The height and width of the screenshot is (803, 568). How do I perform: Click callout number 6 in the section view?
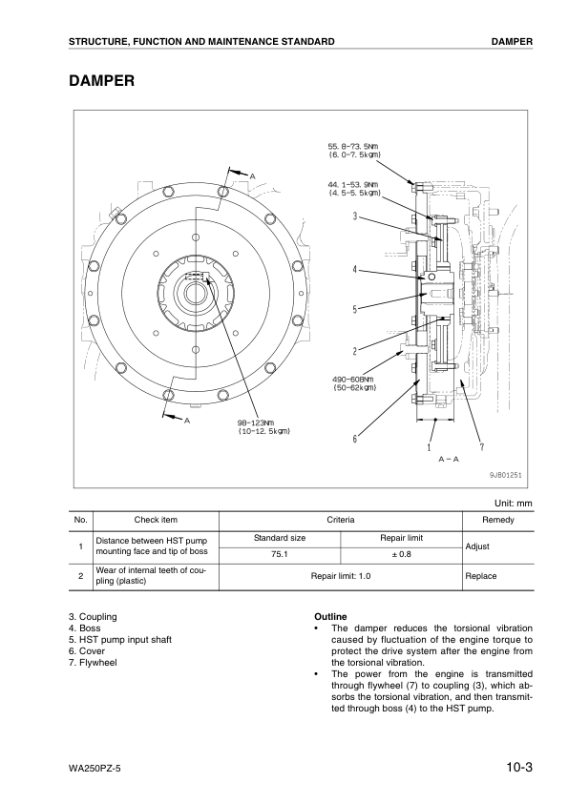(x=355, y=439)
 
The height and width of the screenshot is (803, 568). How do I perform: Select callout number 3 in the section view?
(x=355, y=216)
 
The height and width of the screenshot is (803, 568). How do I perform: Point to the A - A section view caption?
(x=449, y=459)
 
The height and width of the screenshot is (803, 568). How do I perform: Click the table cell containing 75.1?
(x=280, y=553)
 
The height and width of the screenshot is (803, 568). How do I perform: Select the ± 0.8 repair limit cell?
(x=401, y=553)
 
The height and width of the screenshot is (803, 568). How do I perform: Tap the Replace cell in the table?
(x=480, y=576)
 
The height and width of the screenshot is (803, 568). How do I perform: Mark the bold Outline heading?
(x=330, y=617)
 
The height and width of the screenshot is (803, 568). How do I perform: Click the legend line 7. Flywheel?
(x=93, y=662)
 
